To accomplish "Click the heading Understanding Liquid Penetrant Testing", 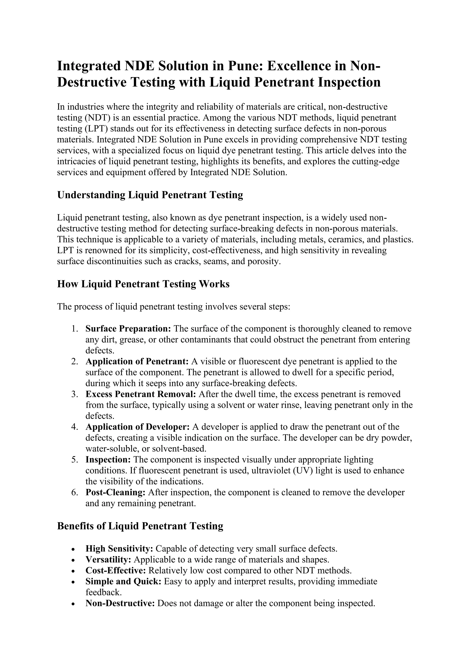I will pos(150,195).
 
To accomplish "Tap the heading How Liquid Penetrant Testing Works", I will pos(143,284).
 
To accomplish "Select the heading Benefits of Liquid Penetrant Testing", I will pos(140,526).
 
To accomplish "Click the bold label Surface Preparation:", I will pos(129,329).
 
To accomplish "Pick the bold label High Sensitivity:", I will pos(119,549).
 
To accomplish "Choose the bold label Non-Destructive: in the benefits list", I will pos(120,603).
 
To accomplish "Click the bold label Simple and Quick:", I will pos(123,582).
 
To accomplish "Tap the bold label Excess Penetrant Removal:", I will pos(141,394).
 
